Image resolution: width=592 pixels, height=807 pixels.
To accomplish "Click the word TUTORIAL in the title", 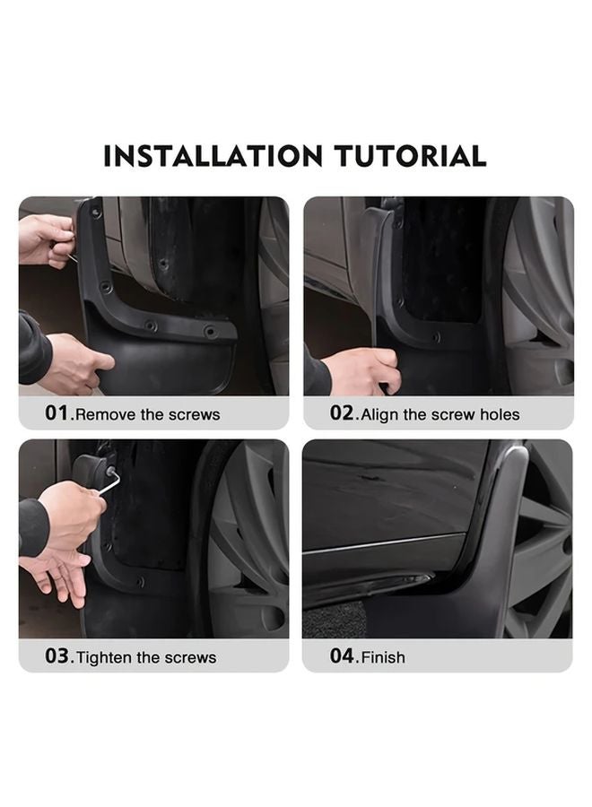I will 410,156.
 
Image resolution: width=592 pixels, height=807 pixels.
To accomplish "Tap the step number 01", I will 58,413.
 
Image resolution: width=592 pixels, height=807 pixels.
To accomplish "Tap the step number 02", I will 344,413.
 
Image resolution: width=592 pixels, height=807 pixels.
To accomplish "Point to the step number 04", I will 344,656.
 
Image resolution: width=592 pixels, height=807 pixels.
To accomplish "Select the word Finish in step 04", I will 383,657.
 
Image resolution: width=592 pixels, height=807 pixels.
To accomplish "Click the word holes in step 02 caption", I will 499,414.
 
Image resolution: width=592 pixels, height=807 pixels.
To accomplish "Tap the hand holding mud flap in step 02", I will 363,368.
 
